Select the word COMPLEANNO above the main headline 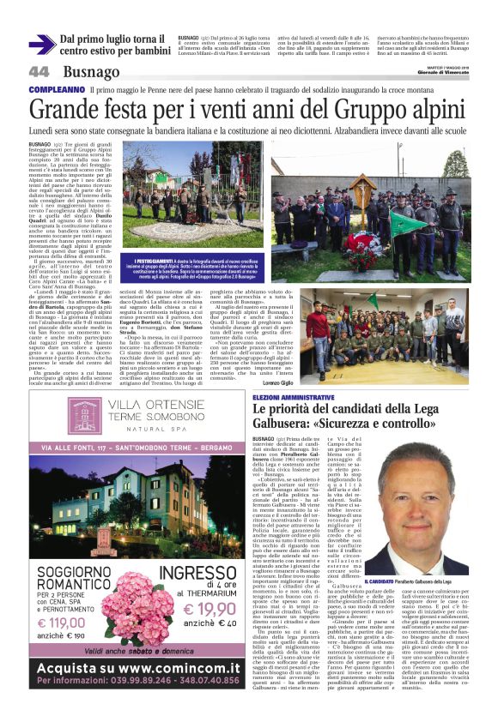56,90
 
